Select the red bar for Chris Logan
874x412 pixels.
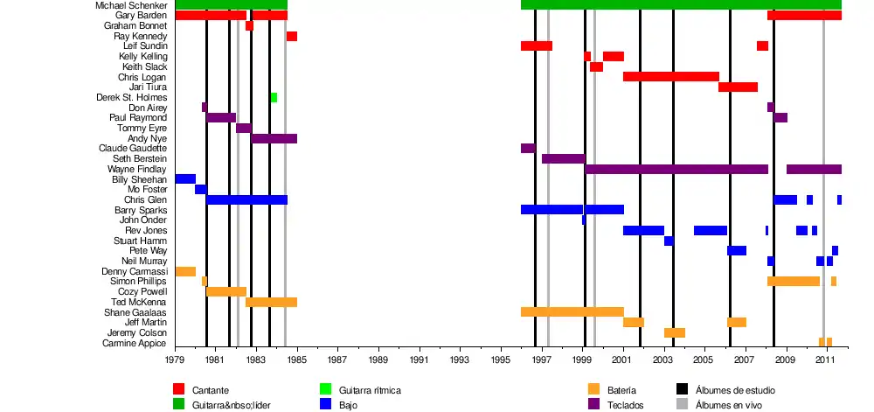670,77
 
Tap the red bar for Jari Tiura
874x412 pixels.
738,87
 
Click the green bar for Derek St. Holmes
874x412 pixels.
274,97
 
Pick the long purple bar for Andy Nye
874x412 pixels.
274,138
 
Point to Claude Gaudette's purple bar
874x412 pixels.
528,149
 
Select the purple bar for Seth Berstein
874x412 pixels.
563,159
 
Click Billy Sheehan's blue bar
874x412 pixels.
185,179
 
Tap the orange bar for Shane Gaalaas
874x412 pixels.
572,312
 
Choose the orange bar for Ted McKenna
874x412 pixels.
271,302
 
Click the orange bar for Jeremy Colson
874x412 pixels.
674,332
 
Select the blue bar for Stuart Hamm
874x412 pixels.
669,241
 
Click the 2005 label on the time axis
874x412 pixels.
704,360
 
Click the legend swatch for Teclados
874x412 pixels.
594,404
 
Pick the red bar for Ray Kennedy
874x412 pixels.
291,36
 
